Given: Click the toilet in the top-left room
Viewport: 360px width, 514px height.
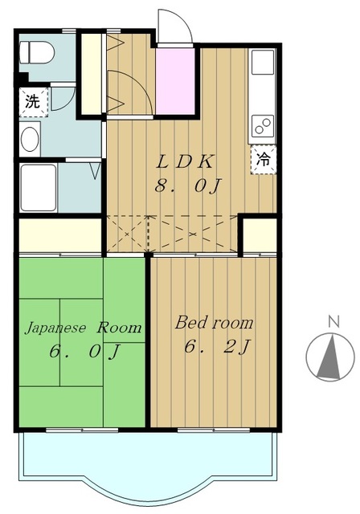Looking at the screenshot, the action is coord(37,52).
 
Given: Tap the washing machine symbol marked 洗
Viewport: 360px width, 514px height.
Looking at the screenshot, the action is coord(34,102).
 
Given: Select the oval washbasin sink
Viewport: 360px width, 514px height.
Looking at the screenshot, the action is coord(30,139).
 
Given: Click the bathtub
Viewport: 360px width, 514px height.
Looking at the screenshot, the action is coord(39,188).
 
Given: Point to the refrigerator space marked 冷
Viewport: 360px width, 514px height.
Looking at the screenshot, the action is coord(264,160).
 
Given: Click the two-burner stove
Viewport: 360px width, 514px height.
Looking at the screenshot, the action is coord(263,126).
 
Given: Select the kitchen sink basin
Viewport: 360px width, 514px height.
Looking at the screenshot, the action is coord(263,63).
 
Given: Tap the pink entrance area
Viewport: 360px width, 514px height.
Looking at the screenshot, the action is coord(175,81).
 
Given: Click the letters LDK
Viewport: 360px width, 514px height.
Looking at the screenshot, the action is coord(186,162).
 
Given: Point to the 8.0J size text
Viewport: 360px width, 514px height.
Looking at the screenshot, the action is coord(188,186).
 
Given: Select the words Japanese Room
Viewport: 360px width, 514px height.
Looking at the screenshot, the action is coord(84,328).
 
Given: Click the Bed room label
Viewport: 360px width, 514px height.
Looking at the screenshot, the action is coord(214,323).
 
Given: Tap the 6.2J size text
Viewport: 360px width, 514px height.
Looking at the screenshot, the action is coord(218,346).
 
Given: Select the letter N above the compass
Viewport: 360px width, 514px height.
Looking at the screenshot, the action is coord(333,321).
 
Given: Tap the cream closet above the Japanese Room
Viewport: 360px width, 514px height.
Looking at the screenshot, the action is coord(60,235).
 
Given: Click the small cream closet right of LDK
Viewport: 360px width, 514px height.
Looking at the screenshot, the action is coord(260,235).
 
